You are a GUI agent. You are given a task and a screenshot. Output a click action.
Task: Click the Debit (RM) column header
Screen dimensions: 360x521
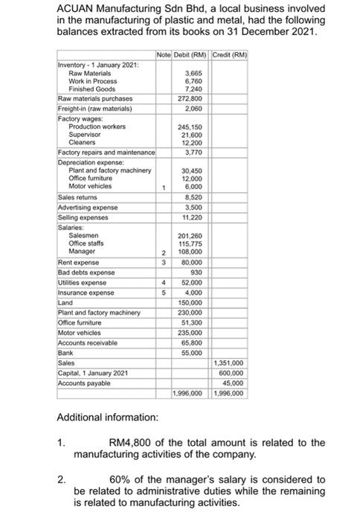pyautogui.click(x=190, y=56)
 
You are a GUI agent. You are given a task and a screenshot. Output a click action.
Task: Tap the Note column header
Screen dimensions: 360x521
pyautogui.click(x=163, y=56)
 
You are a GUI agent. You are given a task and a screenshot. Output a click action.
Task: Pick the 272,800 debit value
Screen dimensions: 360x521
pyautogui.click(x=193, y=98)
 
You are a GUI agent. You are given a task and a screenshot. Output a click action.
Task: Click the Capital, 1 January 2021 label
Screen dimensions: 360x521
pyautogui.click(x=93, y=372)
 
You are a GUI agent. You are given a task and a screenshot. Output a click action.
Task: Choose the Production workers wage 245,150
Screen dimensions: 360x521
pyautogui.click(x=193, y=126)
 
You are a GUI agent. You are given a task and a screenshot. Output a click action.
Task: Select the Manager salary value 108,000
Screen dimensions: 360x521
pyautogui.click(x=193, y=252)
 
